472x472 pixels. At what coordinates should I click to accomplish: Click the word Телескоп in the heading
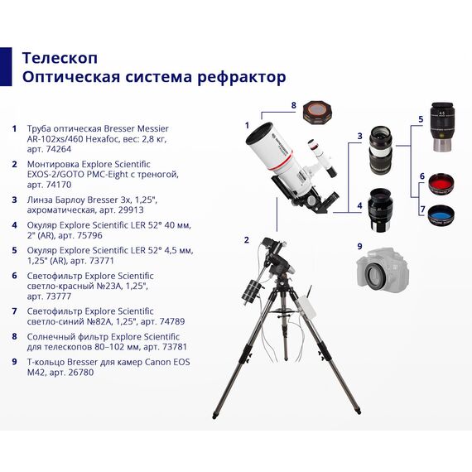point(60,58)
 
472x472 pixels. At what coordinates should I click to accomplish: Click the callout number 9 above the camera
point(359,246)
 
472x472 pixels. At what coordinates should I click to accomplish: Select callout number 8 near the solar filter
point(293,106)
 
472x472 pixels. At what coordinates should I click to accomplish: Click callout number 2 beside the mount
point(246,240)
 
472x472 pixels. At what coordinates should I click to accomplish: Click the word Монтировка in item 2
point(55,164)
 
